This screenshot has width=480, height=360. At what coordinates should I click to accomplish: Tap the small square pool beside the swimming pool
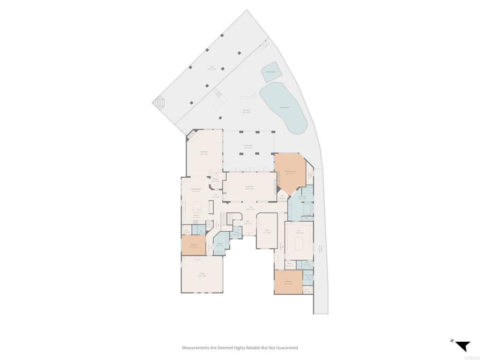[271, 71]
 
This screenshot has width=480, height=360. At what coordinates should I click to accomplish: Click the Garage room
[202, 276]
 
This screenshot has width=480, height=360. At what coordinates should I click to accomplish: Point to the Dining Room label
[249, 187]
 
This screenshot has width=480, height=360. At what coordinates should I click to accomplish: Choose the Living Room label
[204, 152]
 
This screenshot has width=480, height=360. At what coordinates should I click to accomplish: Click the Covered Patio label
[248, 146]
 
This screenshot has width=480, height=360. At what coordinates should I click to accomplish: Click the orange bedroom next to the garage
[193, 246]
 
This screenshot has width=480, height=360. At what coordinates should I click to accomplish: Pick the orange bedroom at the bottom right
[288, 283]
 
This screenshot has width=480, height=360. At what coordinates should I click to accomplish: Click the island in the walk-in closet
[299, 243]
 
